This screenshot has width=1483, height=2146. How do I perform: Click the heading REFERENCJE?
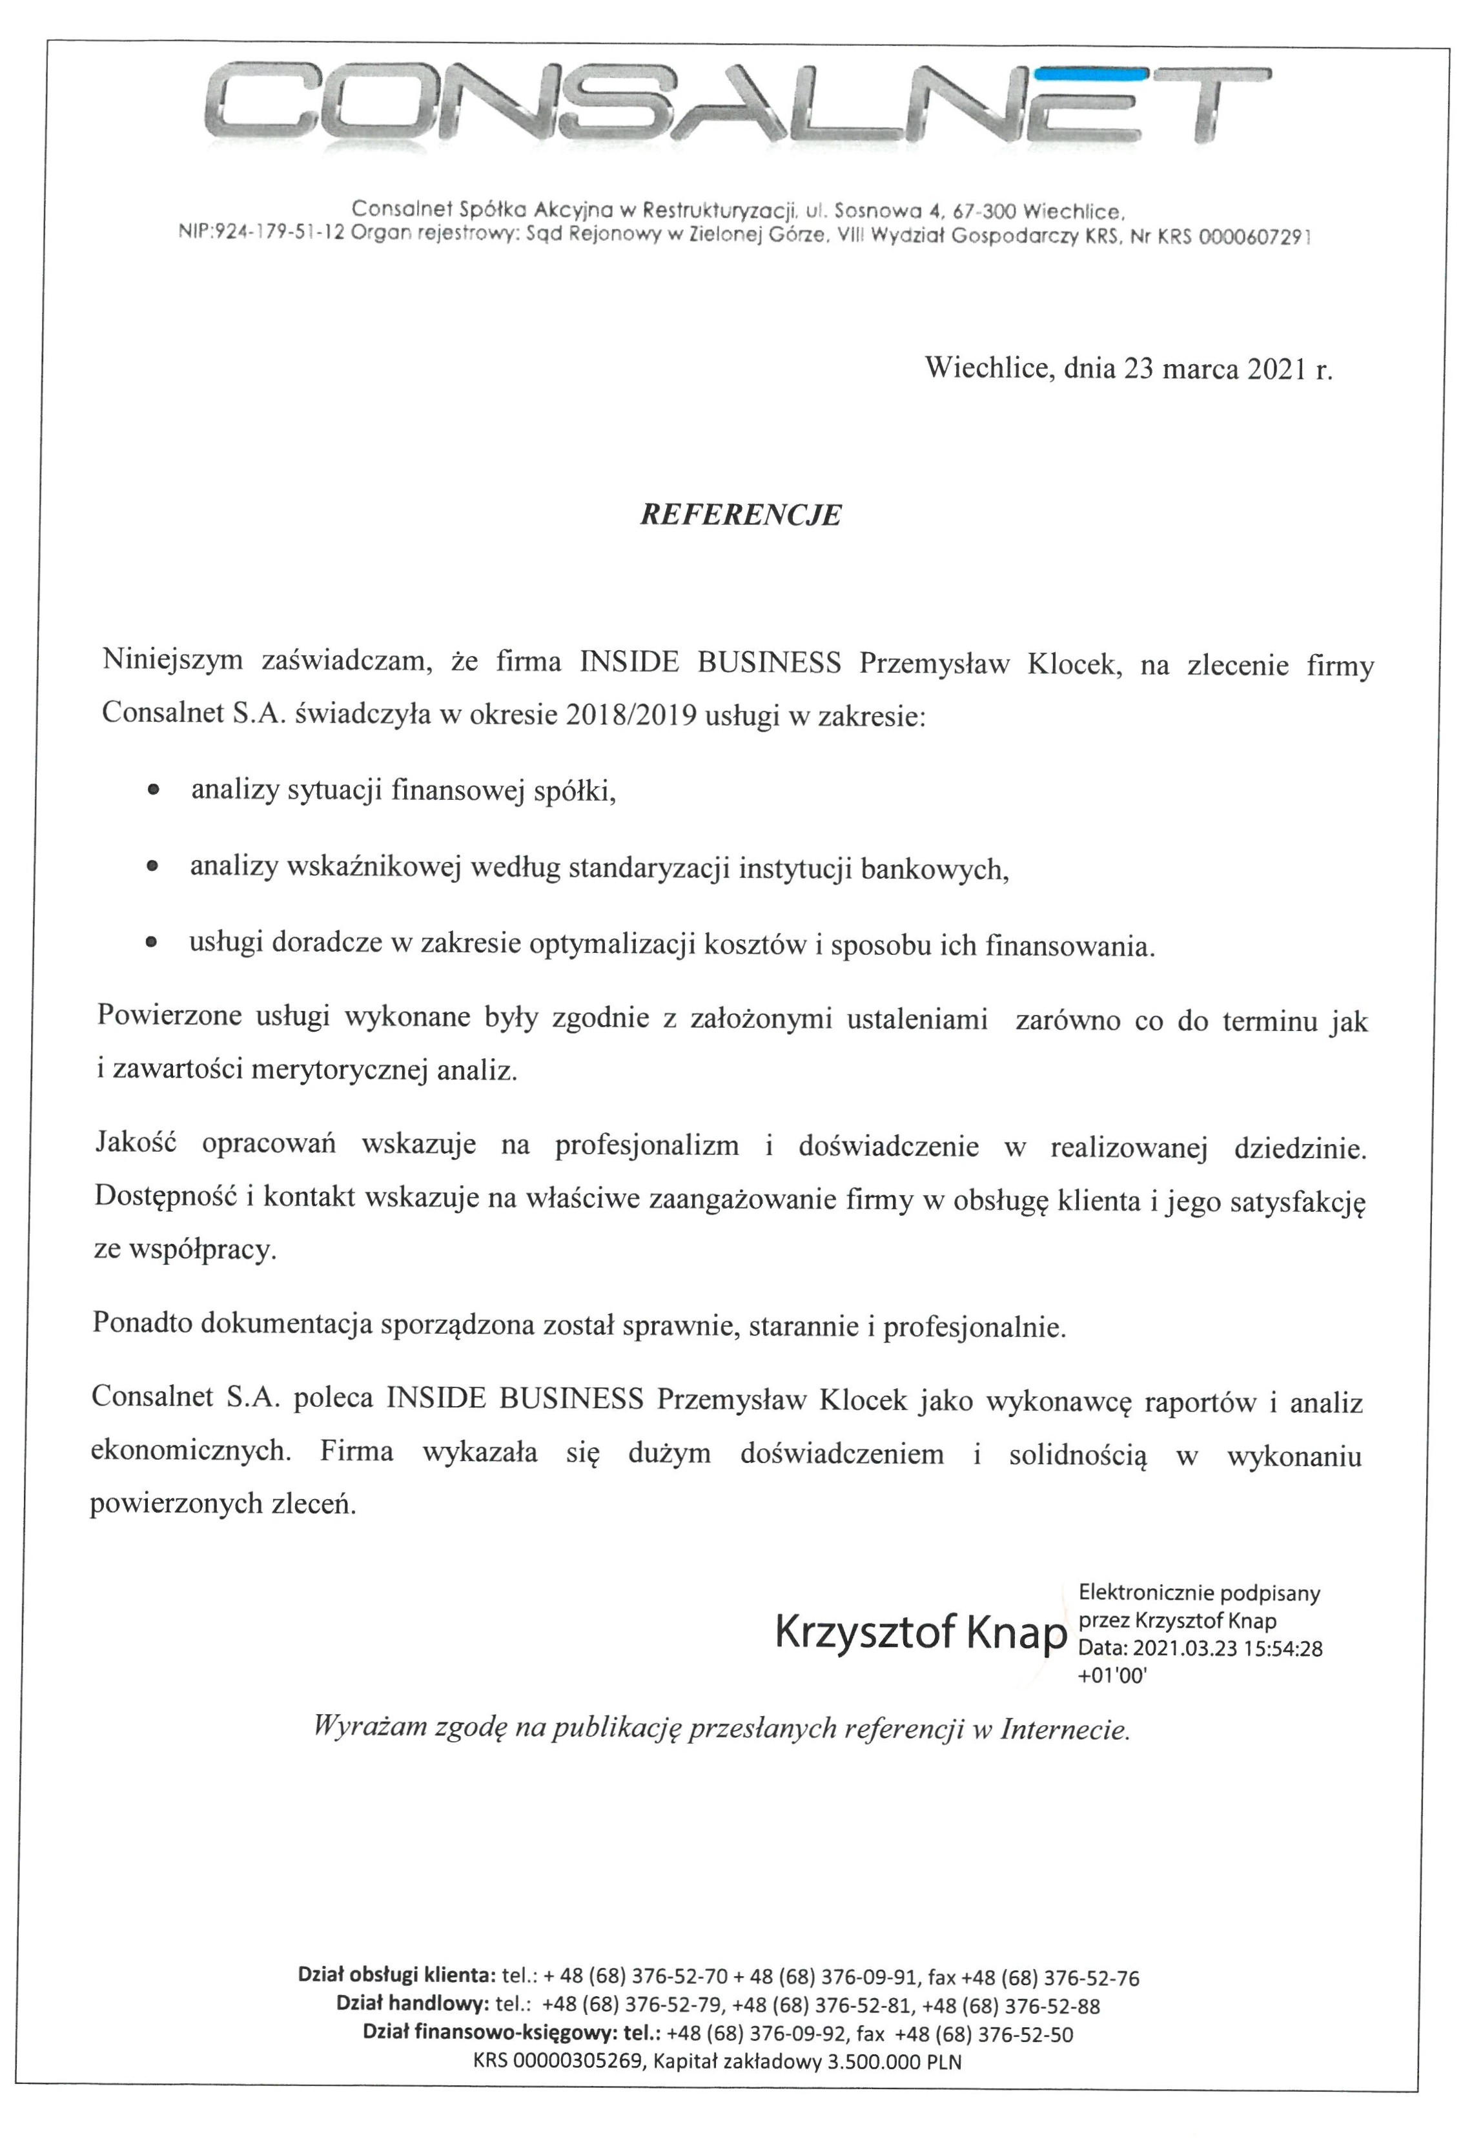[x=741, y=516]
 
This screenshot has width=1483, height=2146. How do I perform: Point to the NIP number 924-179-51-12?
[x=280, y=236]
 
